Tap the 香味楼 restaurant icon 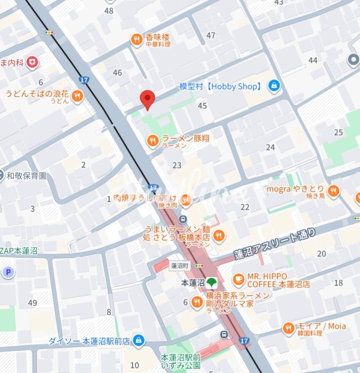click(x=136, y=40)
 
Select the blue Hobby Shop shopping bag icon click(x=274, y=86)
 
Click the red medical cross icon click(x=32, y=62)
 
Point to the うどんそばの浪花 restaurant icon click(x=77, y=97)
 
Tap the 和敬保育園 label click(x=26, y=175)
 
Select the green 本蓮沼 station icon click(x=211, y=283)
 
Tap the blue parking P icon click(x=8, y=273)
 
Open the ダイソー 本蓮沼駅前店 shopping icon click(x=138, y=341)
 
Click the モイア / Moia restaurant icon click(x=288, y=328)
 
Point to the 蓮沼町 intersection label click(x=180, y=265)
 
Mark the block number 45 click(x=202, y=106)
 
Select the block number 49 click(x=32, y=303)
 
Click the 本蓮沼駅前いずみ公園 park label click(x=180, y=361)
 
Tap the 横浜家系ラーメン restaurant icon click(x=197, y=302)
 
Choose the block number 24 click(x=270, y=147)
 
